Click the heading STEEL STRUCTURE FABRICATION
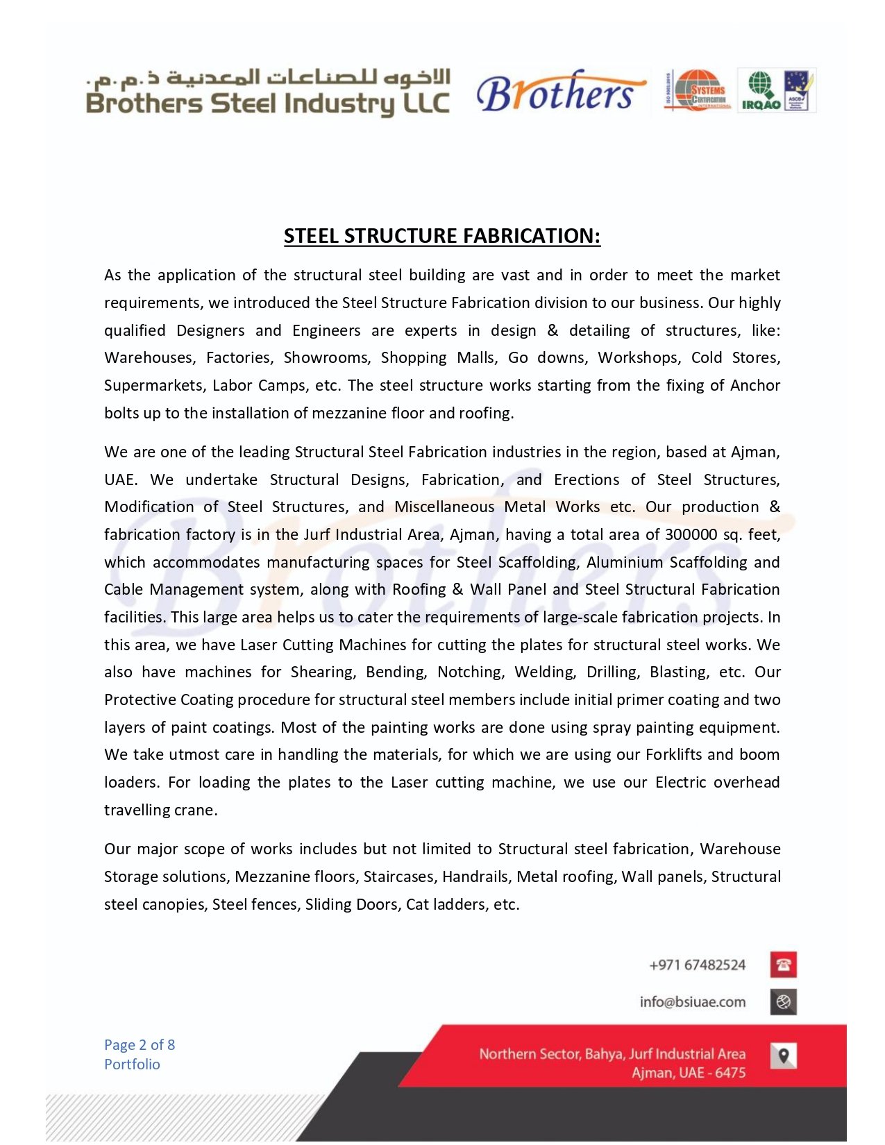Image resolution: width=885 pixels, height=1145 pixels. click(x=441, y=236)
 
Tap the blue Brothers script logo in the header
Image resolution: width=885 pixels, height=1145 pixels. click(x=559, y=92)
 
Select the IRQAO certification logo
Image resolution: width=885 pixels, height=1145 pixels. click(x=761, y=91)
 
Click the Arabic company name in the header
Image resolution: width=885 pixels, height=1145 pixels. click(x=269, y=76)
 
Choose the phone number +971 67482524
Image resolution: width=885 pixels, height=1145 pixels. click(x=697, y=965)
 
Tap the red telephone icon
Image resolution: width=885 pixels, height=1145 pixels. click(x=783, y=965)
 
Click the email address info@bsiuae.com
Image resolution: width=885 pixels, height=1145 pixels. click(x=693, y=1002)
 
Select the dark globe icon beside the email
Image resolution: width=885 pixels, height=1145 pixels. click(x=783, y=1002)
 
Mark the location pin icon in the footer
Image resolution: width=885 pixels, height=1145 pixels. click(x=783, y=1055)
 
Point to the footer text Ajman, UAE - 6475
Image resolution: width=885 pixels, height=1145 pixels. click(x=689, y=1073)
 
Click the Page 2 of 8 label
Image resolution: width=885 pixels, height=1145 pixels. click(x=140, y=1045)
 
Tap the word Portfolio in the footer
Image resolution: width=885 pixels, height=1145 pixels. click(x=132, y=1065)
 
